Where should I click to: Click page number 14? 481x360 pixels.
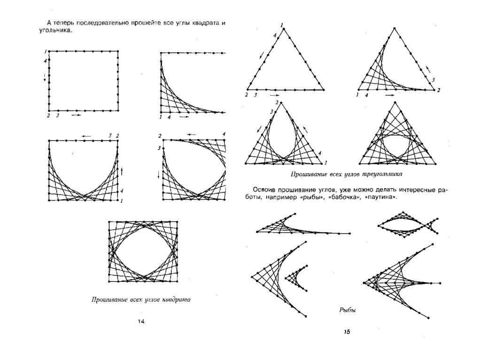[x=141, y=321]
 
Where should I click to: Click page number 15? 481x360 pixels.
[x=347, y=332]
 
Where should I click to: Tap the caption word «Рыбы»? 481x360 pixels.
[x=347, y=310]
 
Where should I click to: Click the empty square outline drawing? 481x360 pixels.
[x=83, y=81]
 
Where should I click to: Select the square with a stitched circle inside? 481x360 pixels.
[x=143, y=251]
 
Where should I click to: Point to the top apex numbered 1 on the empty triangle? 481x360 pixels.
[x=285, y=28]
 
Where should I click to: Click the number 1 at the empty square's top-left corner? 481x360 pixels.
[x=46, y=51]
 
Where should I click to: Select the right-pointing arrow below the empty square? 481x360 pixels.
[x=76, y=115]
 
